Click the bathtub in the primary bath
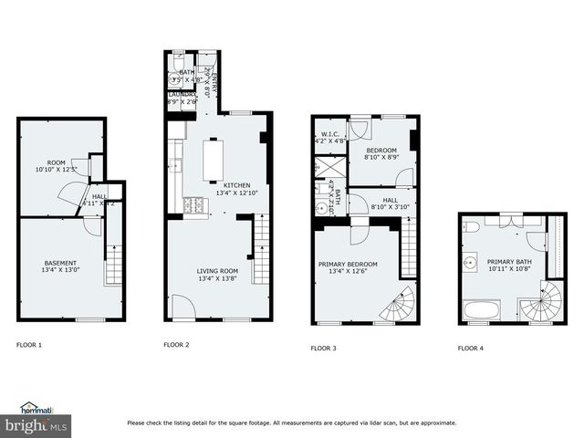click(481, 310)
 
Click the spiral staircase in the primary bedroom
click(398, 305)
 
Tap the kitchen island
click(213, 160)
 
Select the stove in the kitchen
click(194, 206)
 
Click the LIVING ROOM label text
click(217, 271)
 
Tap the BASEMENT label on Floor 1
click(59, 263)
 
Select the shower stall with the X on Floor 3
click(324, 169)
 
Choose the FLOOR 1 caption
click(29, 345)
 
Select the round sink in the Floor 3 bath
click(321, 208)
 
